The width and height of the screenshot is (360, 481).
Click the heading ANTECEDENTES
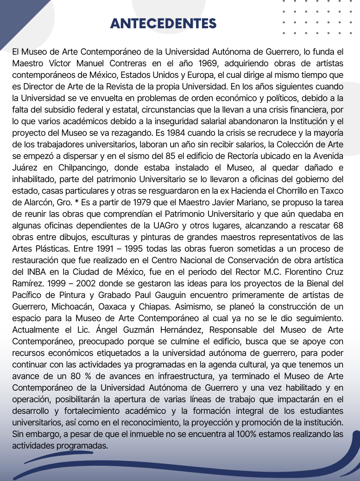click(x=163, y=24)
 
